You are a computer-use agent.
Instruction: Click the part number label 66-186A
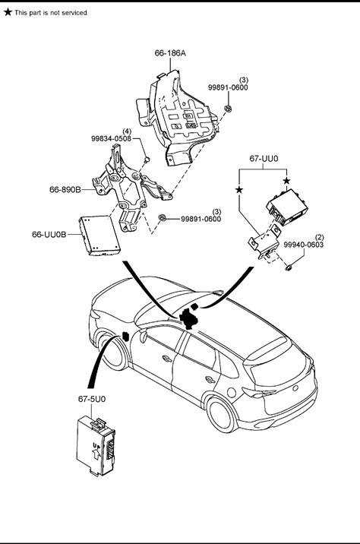coord(170,53)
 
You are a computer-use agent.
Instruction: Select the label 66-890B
coord(65,189)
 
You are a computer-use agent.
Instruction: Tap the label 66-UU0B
coord(49,235)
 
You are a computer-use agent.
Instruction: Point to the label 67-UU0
coord(264,159)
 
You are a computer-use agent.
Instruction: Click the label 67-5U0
coord(92,399)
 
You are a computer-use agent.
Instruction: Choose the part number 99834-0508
coord(112,138)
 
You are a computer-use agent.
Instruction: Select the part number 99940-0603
coord(304,245)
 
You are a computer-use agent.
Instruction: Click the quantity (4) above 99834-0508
coord(127,131)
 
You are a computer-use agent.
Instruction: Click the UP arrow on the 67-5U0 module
coord(96,452)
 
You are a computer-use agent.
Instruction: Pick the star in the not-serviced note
coord(8,12)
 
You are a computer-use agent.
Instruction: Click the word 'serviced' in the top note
coord(74,12)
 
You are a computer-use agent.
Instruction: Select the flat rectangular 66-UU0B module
coord(99,236)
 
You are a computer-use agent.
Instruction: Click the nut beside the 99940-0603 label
coord(288,267)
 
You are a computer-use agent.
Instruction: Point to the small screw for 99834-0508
coord(147,160)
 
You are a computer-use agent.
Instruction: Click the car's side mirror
coord(143,336)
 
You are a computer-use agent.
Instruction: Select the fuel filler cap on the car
coord(231,392)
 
